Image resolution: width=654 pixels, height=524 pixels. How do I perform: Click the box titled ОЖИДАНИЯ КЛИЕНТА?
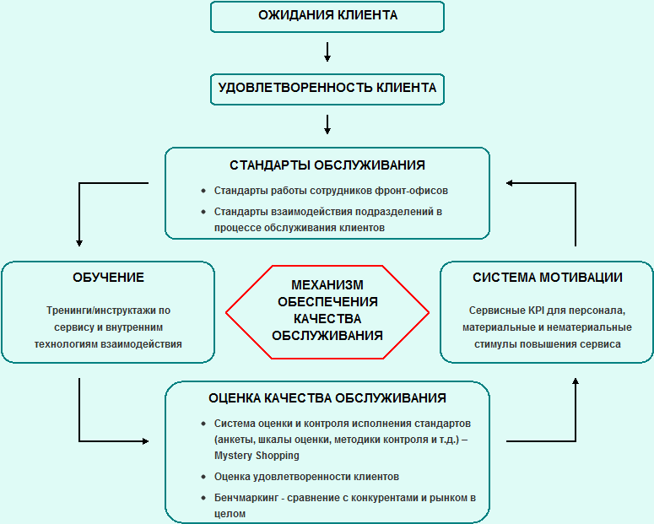point(327,17)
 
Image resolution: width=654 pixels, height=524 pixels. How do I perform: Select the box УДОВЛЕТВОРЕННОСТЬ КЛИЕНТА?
point(327,89)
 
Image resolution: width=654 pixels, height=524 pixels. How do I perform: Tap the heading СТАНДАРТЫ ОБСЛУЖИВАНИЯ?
point(327,165)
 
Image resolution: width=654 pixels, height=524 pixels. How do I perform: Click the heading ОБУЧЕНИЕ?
point(109,278)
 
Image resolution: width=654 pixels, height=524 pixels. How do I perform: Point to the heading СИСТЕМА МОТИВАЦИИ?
point(547,278)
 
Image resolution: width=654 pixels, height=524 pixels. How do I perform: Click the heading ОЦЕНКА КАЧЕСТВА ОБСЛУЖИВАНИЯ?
point(327,398)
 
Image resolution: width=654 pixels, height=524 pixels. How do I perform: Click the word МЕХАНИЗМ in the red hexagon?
point(327,285)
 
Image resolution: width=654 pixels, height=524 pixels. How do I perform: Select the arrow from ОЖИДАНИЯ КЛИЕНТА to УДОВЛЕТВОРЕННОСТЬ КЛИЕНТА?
point(327,51)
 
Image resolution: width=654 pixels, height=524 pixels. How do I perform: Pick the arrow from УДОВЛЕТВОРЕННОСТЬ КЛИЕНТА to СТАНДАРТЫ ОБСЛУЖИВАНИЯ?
point(327,124)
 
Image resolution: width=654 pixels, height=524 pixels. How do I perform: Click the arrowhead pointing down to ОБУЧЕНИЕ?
point(79,243)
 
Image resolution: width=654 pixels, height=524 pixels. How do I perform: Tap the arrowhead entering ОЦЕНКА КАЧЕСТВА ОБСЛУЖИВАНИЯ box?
point(145,441)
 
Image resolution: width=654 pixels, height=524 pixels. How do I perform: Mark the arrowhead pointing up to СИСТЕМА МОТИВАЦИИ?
point(576,381)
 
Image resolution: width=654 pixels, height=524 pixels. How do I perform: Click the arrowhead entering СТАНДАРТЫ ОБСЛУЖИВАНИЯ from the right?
point(510,183)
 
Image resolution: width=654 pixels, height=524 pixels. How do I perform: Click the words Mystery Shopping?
point(257,456)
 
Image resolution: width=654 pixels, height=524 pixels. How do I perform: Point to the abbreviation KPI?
point(537,311)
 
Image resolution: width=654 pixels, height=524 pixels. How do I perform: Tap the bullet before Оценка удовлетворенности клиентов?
point(203,477)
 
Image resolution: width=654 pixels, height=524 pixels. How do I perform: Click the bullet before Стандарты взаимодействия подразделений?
point(203,212)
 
